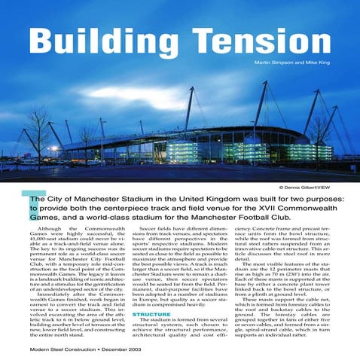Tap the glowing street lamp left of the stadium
click(x=53, y=148)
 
